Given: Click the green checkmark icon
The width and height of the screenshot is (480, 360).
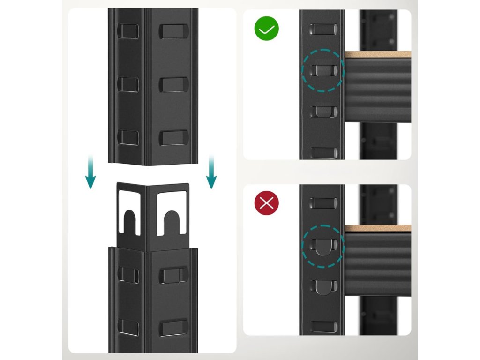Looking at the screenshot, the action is point(266,29).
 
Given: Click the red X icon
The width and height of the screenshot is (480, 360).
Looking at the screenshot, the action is point(266,203).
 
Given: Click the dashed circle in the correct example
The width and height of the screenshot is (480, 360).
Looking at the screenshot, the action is point(322,71).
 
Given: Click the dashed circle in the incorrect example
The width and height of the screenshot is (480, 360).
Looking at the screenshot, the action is point(322,247).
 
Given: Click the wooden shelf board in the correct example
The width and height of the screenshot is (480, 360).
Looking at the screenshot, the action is point(378,54).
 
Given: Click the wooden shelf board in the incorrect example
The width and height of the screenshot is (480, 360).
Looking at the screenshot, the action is point(378,228).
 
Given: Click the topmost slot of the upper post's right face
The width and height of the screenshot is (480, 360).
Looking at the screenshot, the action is point(173,31).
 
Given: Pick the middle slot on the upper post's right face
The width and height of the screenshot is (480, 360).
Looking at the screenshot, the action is point(173,84).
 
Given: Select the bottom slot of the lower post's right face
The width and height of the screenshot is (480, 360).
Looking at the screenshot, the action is point(173,328).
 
